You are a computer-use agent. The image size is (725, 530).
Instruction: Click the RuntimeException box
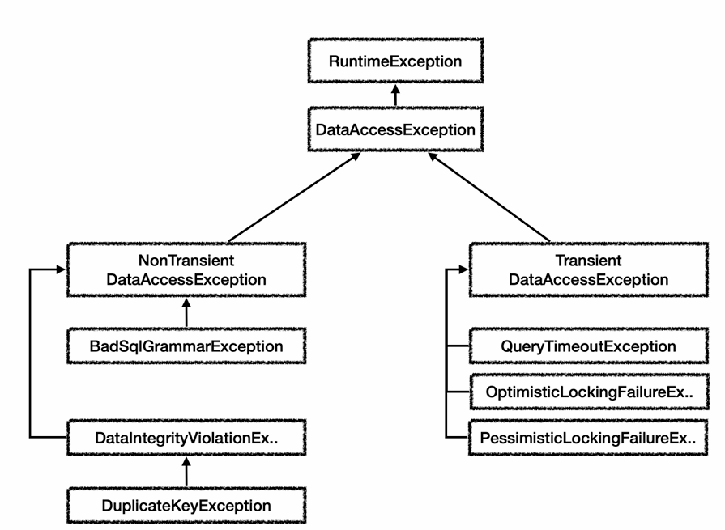[395, 61]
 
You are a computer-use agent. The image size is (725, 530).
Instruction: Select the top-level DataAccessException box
[395, 129]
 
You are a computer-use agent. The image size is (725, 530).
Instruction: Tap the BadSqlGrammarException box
[186, 346]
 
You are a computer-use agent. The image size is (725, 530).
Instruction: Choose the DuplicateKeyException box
[186, 506]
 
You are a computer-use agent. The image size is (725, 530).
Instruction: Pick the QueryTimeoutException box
[589, 346]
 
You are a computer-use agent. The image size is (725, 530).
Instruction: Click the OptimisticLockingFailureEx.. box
[589, 392]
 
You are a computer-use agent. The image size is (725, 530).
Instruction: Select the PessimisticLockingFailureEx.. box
[588, 438]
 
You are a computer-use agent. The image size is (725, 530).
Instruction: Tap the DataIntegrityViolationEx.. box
[186, 438]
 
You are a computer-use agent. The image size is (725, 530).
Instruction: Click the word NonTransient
[186, 261]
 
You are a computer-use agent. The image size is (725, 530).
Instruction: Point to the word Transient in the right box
[589, 261]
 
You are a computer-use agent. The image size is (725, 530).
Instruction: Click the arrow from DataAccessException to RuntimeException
[395, 95]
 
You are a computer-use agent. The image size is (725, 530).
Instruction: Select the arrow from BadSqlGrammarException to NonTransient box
[186, 312]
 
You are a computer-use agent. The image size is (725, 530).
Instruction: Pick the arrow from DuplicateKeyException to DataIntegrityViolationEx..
[186, 472]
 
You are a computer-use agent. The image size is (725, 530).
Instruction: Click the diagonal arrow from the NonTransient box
[294, 197]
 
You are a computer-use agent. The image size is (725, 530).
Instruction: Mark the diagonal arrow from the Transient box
[489, 197]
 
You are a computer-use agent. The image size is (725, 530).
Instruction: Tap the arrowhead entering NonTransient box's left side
[62, 269]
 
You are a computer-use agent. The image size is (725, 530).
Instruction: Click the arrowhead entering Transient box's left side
[464, 269]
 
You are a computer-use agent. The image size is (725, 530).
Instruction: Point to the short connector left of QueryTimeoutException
[458, 346]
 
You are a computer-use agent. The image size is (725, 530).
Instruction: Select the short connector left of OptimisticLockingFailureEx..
[458, 392]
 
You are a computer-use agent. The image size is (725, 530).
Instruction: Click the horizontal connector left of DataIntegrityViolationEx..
[49, 437]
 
